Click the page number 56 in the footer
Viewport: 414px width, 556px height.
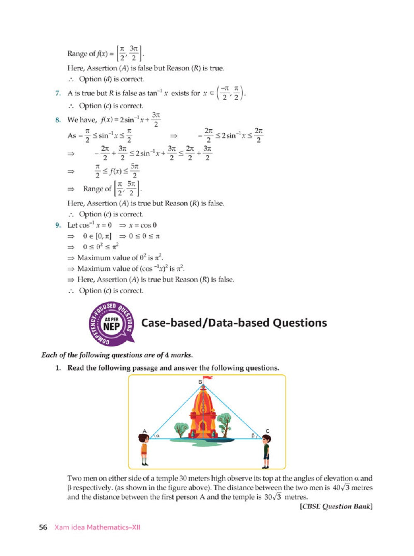(x=43, y=527)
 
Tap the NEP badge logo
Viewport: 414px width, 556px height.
(x=112, y=324)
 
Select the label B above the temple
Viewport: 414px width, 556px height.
(x=200, y=382)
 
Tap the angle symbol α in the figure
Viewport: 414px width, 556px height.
(x=158, y=435)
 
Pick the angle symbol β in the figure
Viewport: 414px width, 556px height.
(x=253, y=435)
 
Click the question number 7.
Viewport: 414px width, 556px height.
(x=58, y=93)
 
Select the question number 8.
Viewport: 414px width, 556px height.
(x=58, y=120)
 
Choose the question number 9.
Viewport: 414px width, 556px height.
(x=58, y=225)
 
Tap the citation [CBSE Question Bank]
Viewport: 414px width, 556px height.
(x=336, y=506)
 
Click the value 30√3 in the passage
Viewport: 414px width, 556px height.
(x=273, y=497)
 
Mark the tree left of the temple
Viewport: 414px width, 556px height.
(x=181, y=429)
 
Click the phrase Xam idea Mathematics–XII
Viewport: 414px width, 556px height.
(x=97, y=527)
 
